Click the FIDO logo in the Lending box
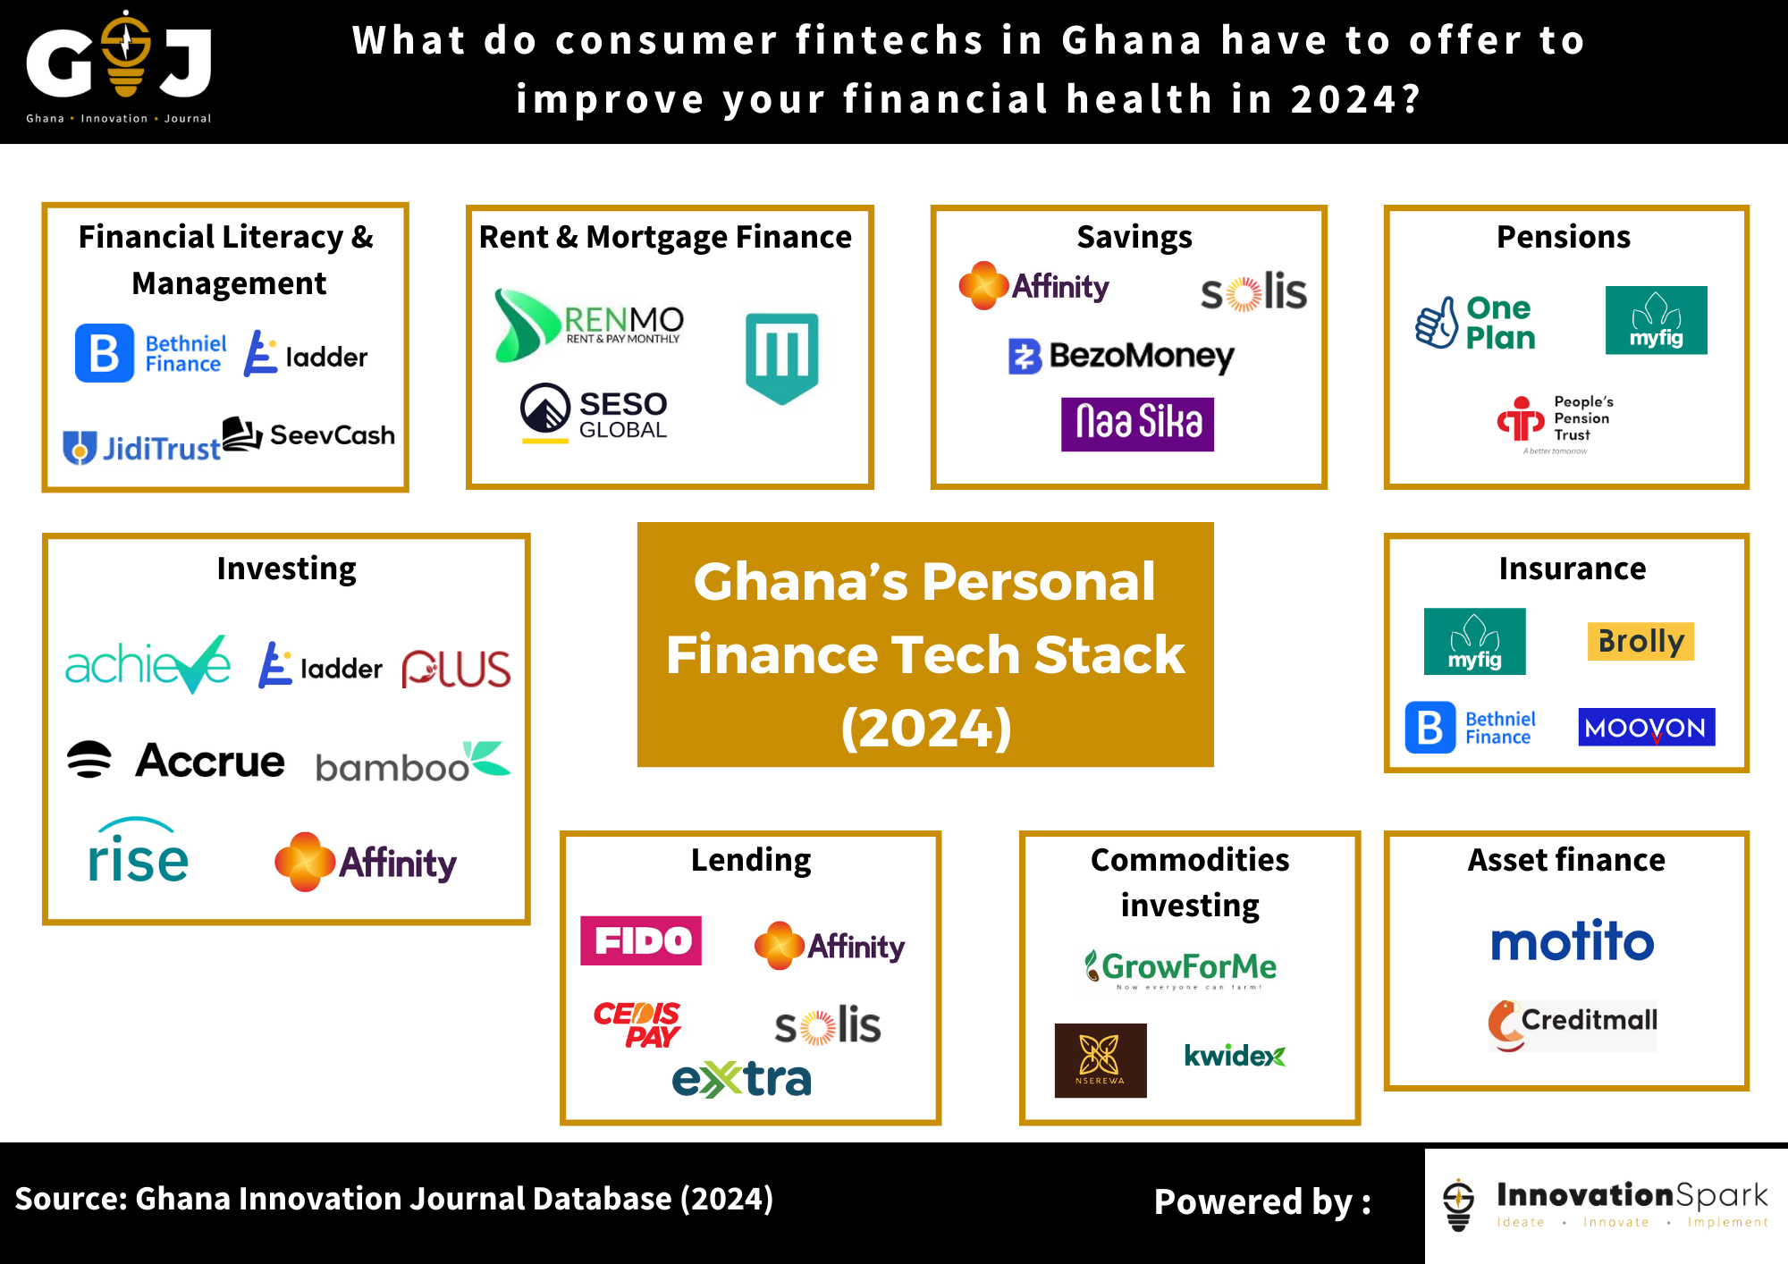click(640, 940)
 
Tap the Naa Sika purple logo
click(1137, 424)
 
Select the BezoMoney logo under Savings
click(1121, 356)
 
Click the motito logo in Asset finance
click(1572, 941)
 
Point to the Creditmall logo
click(1573, 1024)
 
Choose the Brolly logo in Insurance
click(1640, 641)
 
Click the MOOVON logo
click(1646, 728)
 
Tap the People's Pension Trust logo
click(1556, 420)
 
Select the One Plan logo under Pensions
click(1476, 323)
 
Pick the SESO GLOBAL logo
click(595, 413)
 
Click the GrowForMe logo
click(1181, 968)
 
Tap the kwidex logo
click(1235, 1056)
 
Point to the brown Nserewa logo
click(1100, 1060)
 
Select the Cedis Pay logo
click(637, 1024)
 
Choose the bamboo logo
click(412, 763)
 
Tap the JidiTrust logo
click(141, 447)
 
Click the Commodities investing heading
click(1190, 882)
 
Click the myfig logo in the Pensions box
click(1656, 320)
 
